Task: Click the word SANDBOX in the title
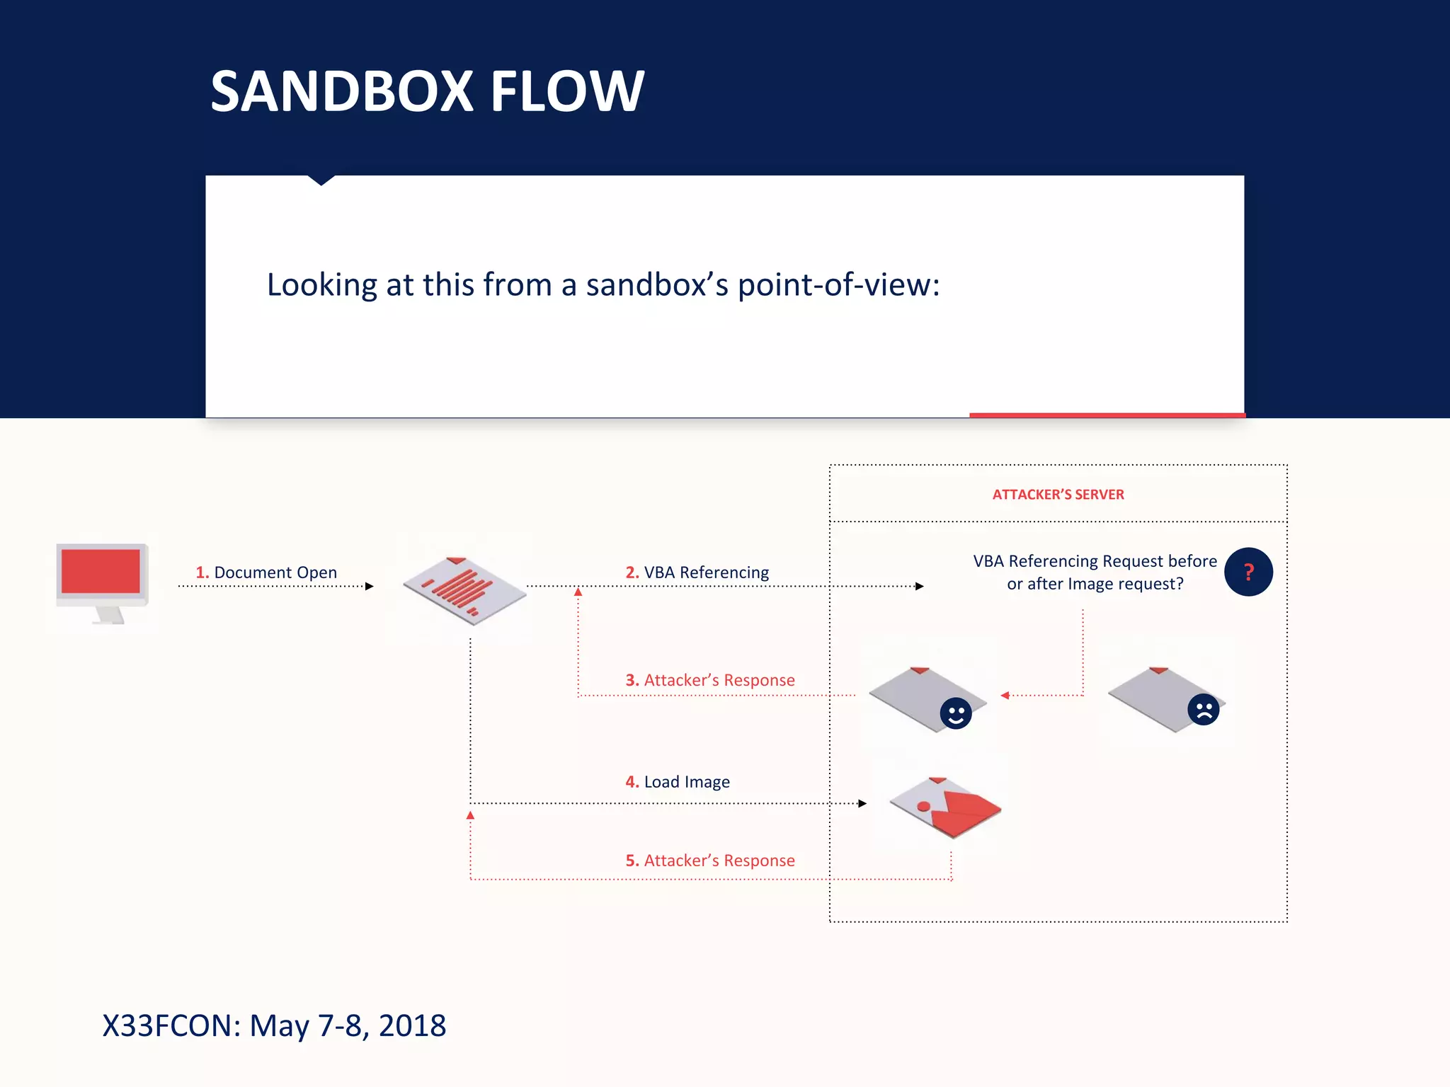click(x=341, y=91)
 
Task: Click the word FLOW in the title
click(x=566, y=91)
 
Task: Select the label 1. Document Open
click(x=266, y=573)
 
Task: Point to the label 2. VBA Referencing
click(x=697, y=573)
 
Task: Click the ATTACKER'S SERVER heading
click(x=1058, y=495)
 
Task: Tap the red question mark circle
click(x=1248, y=572)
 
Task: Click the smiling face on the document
click(x=955, y=713)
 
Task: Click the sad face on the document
click(x=1204, y=710)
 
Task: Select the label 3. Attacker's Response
click(x=710, y=680)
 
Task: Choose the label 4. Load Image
click(x=678, y=782)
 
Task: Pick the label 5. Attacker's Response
click(x=710, y=861)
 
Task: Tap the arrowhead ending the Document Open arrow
click(x=370, y=586)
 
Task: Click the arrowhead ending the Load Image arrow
click(x=862, y=803)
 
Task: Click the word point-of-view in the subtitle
click(x=838, y=285)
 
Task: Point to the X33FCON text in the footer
click(x=171, y=1025)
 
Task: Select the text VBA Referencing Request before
click(x=1095, y=561)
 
